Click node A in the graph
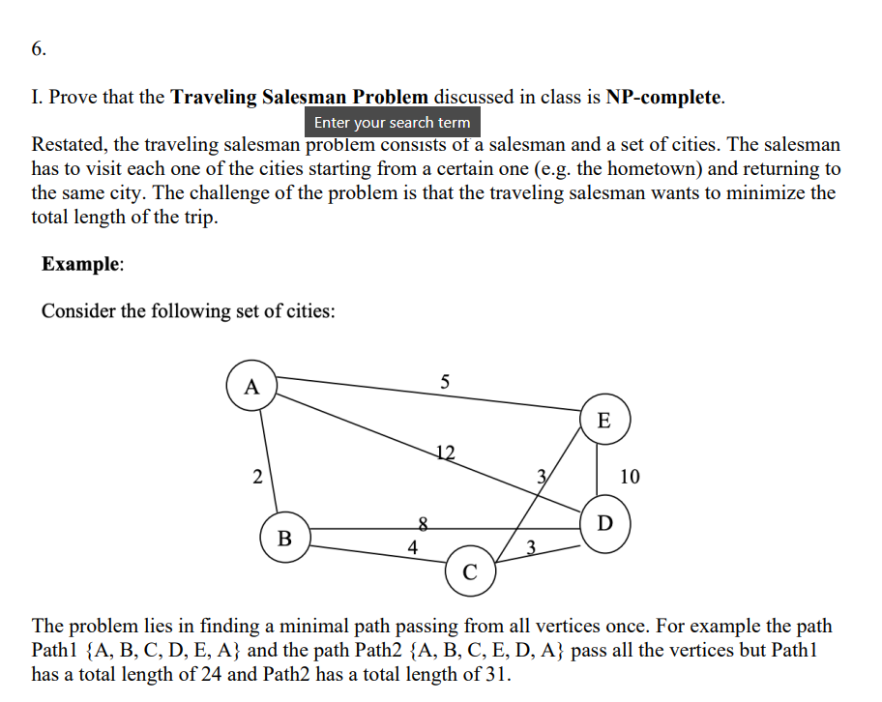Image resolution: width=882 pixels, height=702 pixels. [x=252, y=388]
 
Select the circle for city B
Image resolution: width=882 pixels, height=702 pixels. [x=285, y=539]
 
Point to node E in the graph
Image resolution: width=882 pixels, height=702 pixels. [x=604, y=421]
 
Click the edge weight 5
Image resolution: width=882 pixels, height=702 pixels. [x=444, y=381]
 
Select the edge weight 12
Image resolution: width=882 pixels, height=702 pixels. [x=445, y=452]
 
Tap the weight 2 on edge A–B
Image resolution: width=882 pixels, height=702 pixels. [x=256, y=476]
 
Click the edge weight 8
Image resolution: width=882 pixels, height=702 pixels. [x=422, y=522]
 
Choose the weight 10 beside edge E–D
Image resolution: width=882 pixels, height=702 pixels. [x=630, y=476]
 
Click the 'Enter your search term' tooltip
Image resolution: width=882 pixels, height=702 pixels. [x=392, y=123]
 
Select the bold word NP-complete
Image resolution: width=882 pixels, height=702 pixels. [x=663, y=97]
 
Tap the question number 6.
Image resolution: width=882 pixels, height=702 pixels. [x=39, y=48]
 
